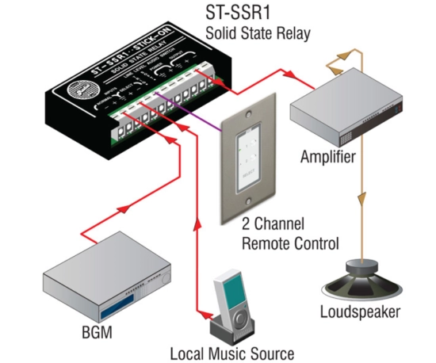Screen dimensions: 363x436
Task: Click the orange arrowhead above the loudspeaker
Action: click(364, 198)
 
